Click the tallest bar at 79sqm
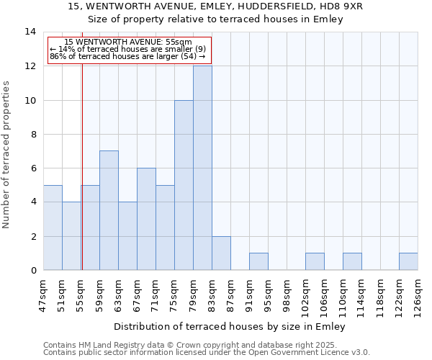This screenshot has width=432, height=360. tap(202, 168)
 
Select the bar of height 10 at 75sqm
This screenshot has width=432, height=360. tap(184, 185)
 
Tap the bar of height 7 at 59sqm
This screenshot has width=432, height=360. tap(109, 210)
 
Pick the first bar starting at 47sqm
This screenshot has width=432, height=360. tap(53, 228)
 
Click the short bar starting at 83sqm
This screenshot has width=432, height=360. tap(221, 253)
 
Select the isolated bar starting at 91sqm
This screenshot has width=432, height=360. tap(258, 261)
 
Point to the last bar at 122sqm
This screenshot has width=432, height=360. tap(408, 261)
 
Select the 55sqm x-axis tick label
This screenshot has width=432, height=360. tap(81, 294)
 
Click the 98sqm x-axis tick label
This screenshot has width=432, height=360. tap(287, 294)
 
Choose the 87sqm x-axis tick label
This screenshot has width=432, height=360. tap(230, 294)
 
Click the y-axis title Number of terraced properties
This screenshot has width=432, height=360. tap(6, 154)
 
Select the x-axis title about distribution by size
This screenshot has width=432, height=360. tap(230, 327)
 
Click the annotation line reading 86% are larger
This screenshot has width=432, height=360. tap(127, 56)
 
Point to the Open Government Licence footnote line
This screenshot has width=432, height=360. tap(207, 352)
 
